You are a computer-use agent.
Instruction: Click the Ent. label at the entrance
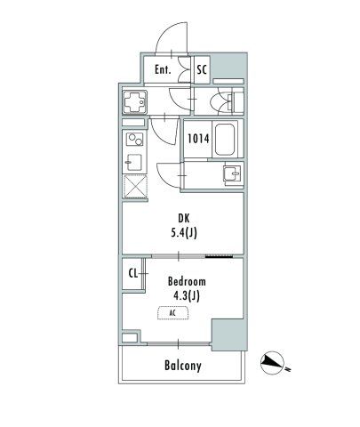tap(163, 69)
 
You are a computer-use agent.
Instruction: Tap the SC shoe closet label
tap(201, 69)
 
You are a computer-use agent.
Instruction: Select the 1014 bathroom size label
tap(197, 138)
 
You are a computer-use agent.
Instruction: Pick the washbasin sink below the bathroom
tap(229, 173)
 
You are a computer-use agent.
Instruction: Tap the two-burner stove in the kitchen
tap(135, 141)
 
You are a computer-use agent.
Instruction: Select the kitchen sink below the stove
tap(134, 162)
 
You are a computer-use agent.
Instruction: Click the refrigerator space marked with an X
tap(135, 187)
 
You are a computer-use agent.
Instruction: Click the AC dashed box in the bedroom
tap(173, 313)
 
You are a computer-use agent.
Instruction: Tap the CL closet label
tap(132, 275)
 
